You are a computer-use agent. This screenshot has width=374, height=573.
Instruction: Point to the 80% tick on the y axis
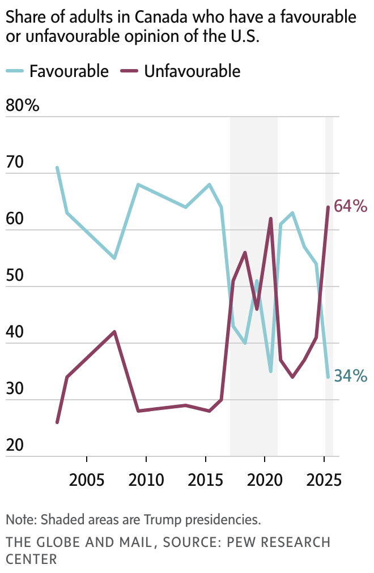click(x=22, y=105)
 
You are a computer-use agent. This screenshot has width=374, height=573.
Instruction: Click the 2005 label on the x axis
click(x=87, y=480)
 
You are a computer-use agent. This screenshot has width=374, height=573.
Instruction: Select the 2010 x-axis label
click(x=146, y=480)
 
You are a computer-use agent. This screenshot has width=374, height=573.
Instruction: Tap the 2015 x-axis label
click(x=206, y=480)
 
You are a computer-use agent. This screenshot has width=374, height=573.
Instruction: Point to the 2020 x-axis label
click(x=265, y=480)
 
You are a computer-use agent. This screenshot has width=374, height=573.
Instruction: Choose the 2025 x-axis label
click(x=324, y=480)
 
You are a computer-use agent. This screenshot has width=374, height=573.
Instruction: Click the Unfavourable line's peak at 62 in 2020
click(x=271, y=219)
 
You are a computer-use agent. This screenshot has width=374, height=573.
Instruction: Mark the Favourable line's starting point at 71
click(x=57, y=168)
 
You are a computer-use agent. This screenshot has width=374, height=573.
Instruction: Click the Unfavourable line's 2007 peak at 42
click(x=114, y=332)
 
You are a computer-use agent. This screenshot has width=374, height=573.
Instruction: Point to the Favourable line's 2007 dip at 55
click(x=114, y=258)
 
